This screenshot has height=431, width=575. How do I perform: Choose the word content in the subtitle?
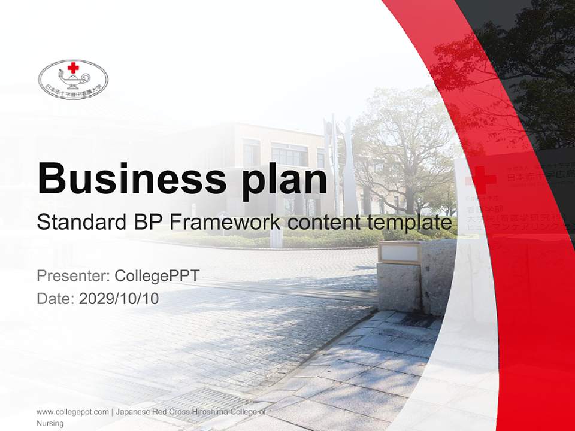click(323, 223)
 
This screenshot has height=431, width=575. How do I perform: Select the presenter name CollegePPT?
click(156, 276)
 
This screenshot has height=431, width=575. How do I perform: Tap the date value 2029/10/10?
click(119, 298)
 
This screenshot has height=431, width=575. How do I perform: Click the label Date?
click(55, 298)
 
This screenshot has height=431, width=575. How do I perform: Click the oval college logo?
click(73, 79)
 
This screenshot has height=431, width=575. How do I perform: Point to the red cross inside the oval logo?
click(73, 68)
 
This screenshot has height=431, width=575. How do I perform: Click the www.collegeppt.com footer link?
click(72, 412)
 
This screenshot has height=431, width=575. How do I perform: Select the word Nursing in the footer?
click(50, 423)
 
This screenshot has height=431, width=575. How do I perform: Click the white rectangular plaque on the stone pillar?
click(400, 253)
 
